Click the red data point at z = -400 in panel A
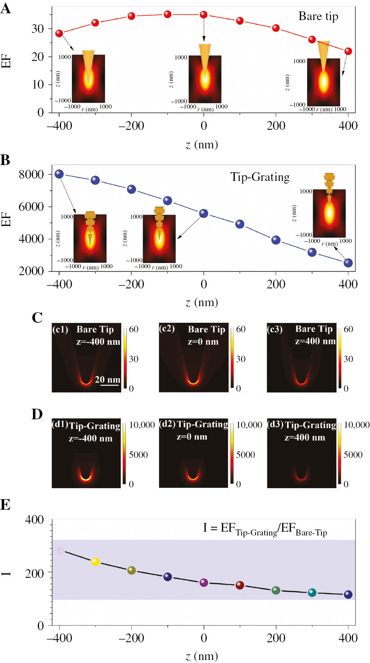click(x=59, y=33)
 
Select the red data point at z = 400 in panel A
click(x=348, y=51)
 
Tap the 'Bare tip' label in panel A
click(x=318, y=16)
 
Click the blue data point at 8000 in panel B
click(x=59, y=174)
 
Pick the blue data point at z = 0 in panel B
click(x=204, y=213)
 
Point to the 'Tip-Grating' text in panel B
click(x=260, y=177)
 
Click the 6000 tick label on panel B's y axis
click(x=31, y=207)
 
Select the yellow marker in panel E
click(x=95, y=562)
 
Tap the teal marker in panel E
click(x=312, y=593)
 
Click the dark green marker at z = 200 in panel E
click(x=276, y=590)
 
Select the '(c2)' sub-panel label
click(x=167, y=328)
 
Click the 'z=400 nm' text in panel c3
click(x=315, y=341)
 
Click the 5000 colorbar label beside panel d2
click(x=245, y=454)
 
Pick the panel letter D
click(x=37, y=414)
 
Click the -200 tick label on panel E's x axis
click(x=131, y=638)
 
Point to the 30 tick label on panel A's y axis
click(x=37, y=29)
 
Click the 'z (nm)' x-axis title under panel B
click(x=202, y=302)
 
